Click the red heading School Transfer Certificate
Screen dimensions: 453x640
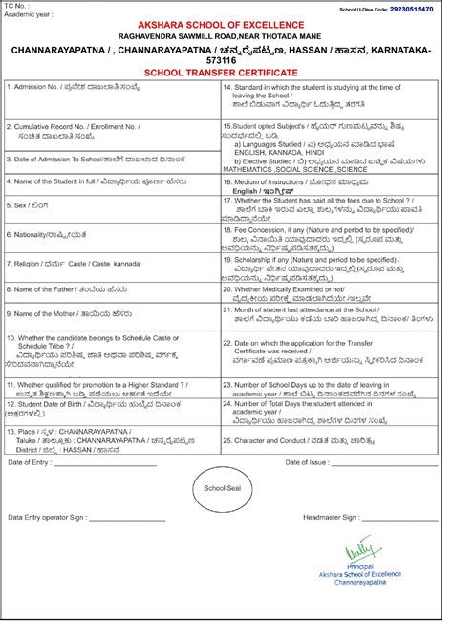pyautogui.click(x=226, y=72)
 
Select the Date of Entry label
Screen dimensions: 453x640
pyautogui.click(x=31, y=462)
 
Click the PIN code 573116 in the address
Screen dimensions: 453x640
pyautogui.click(x=226, y=57)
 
